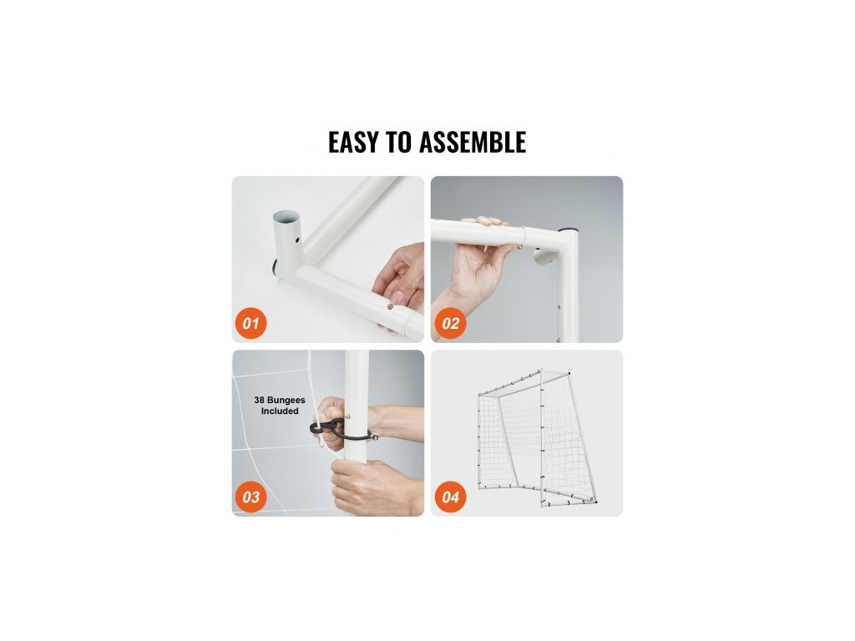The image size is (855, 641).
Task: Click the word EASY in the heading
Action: coord(353,142)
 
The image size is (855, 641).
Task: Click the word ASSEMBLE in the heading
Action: coord(473,142)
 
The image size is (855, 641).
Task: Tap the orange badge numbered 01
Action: coord(250,323)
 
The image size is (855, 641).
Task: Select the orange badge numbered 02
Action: coord(450,323)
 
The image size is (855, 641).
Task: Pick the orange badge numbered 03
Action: coord(250,497)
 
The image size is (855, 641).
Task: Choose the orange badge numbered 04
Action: coord(450,497)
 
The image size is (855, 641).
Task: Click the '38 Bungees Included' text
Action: coord(280,406)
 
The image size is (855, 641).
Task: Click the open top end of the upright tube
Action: coord(287,218)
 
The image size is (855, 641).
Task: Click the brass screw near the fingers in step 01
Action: coord(391,307)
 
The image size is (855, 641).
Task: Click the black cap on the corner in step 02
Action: coord(569,229)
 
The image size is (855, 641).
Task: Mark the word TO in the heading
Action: coord(398,142)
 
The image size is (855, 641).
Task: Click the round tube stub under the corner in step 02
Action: coord(544,255)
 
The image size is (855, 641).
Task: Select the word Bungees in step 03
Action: coord(287,400)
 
